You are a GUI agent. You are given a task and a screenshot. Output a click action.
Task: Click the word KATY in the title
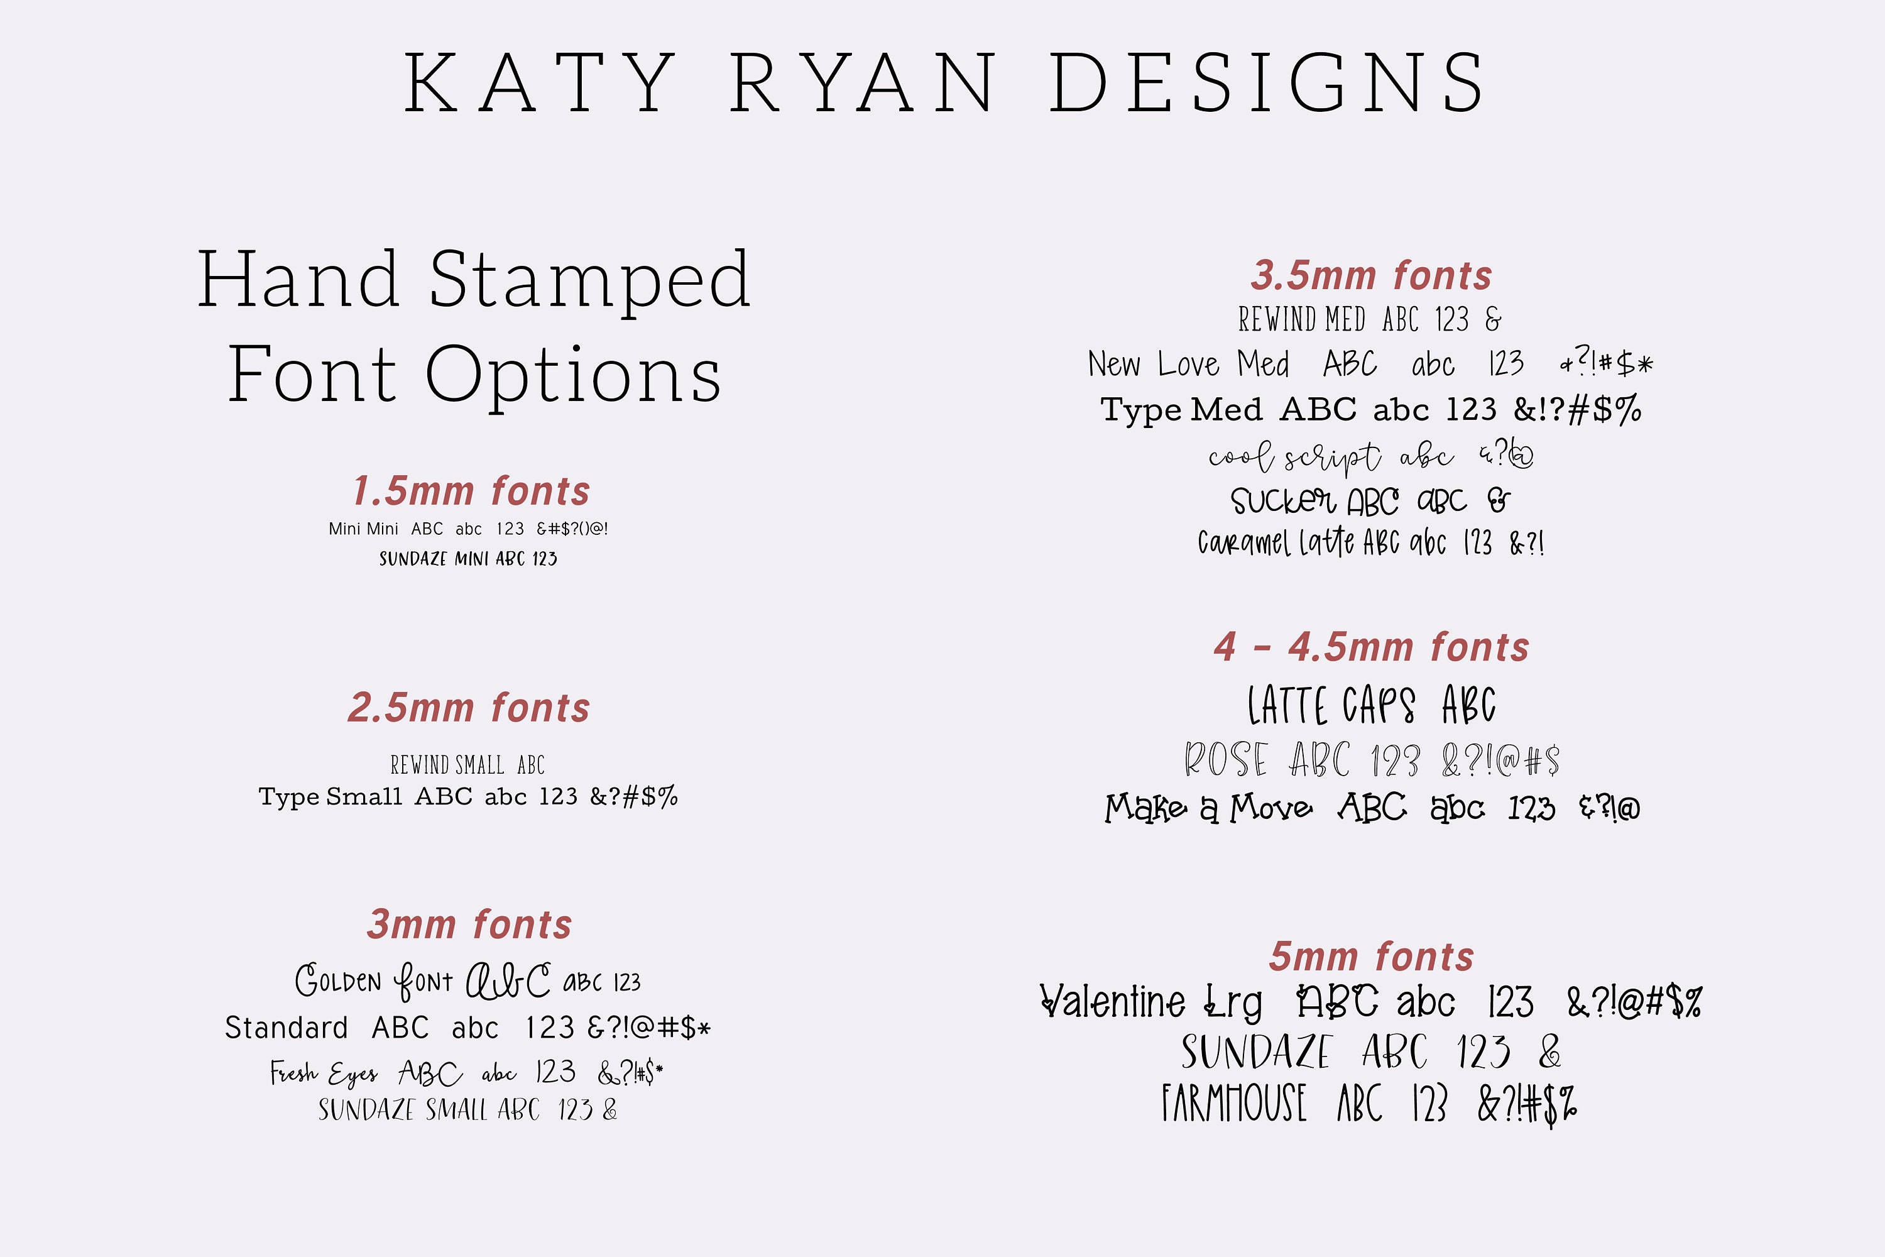pos(539,82)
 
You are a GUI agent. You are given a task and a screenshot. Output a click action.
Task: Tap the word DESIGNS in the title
pos(1266,82)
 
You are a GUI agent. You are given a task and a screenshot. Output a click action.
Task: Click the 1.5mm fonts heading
pos(471,491)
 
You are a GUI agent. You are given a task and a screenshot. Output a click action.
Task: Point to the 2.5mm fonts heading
pos(469,708)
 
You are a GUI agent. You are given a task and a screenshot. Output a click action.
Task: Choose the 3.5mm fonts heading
pos(1371,276)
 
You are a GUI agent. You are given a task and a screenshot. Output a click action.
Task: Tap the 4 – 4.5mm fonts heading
pos(1371,647)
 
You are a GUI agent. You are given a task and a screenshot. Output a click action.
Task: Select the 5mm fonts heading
pos(1371,957)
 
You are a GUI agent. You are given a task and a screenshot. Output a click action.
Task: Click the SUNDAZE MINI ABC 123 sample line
pos(468,559)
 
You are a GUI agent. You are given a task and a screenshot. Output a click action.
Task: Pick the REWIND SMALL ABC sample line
pos(468,765)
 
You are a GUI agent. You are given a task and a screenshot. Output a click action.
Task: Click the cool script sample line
pos(1371,457)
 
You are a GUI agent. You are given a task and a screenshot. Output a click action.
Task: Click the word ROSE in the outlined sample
pos(1227,759)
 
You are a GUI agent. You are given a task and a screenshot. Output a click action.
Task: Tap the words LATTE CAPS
pos(1331,705)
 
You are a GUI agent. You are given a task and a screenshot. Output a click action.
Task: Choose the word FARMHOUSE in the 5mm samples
pos(1234,1103)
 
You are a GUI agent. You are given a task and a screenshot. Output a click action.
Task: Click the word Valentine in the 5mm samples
pos(1112,1002)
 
